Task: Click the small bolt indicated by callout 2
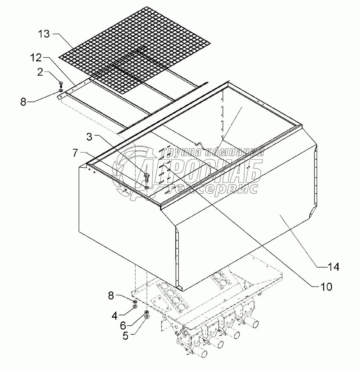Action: tap(60, 85)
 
